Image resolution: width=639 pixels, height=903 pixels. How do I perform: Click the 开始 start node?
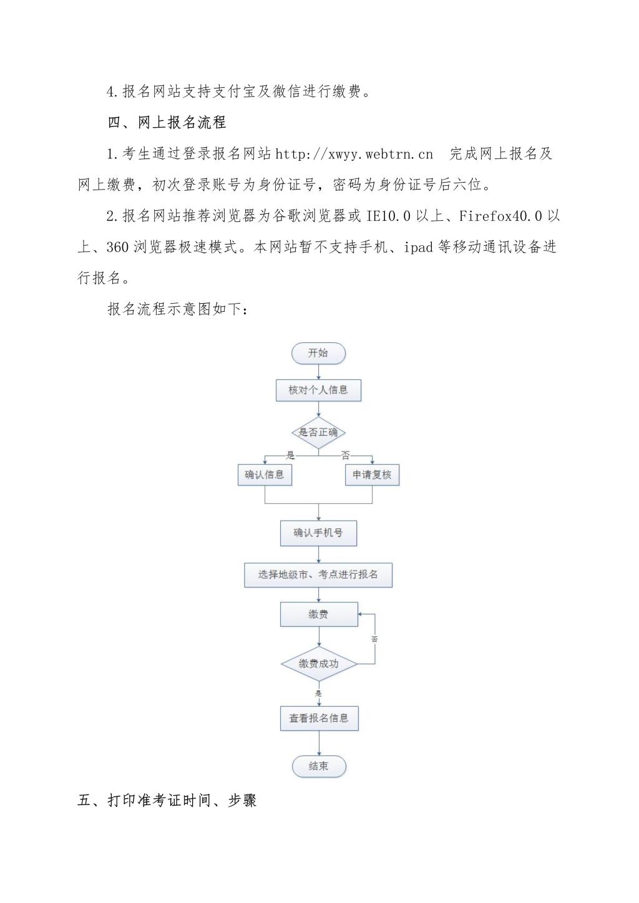tap(318, 353)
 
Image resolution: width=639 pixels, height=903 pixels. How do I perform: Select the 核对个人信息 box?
tap(318, 390)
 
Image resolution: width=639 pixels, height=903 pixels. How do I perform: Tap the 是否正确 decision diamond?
tap(318, 432)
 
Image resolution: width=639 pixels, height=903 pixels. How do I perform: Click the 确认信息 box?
tap(265, 475)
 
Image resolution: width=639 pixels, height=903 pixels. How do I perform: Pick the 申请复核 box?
tap(372, 475)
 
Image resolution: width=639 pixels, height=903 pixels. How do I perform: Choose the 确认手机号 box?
tap(318, 533)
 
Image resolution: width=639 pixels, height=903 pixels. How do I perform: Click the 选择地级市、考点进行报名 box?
tap(318, 575)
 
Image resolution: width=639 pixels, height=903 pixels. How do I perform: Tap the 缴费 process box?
tap(318, 614)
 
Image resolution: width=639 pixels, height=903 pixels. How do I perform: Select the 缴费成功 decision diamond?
tap(318, 664)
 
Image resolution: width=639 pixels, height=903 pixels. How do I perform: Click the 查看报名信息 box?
tap(318, 718)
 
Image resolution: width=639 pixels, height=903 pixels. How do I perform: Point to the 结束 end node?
tap(318, 766)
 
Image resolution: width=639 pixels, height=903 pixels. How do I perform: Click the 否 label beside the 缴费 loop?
tap(374, 639)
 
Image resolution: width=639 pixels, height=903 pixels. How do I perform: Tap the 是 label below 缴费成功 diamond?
tap(318, 693)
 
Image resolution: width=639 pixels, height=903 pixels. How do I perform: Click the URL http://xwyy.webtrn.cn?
tap(354, 154)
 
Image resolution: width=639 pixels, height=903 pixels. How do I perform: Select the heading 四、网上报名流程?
tap(167, 123)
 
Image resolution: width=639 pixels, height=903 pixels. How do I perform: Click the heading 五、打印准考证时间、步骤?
tap(167, 801)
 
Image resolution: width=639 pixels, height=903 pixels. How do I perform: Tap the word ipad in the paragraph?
tap(418, 248)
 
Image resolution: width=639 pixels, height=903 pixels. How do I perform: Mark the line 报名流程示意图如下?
tap(178, 309)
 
